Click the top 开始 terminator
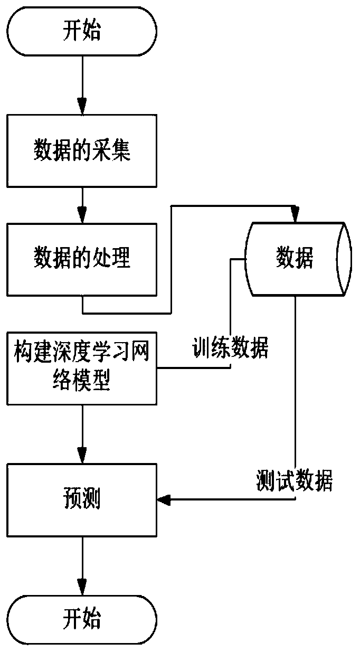(x=82, y=31)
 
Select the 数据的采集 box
(x=82, y=151)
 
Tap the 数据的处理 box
(x=82, y=259)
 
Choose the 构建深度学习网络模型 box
(x=82, y=368)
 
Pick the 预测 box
(x=82, y=500)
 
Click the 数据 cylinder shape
(x=298, y=259)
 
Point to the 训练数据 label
(x=230, y=347)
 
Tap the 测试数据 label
(x=294, y=480)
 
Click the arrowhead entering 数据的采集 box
(x=82, y=106)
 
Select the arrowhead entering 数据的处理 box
(x=82, y=215)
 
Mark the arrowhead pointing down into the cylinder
(x=295, y=214)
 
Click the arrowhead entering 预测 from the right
(x=164, y=500)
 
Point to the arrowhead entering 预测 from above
(x=82, y=455)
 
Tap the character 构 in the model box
(x=24, y=352)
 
